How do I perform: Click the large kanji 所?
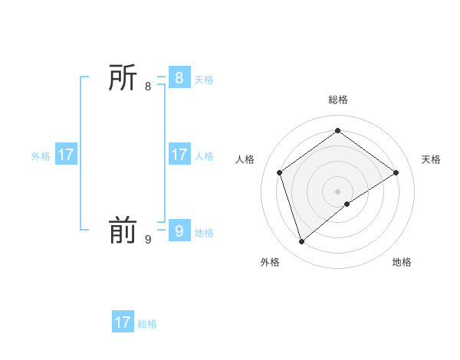pyautogui.click(x=123, y=77)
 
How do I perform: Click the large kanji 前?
pyautogui.click(x=123, y=231)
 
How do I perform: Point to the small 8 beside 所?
pyautogui.click(x=148, y=87)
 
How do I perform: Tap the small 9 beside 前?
pyautogui.click(x=148, y=240)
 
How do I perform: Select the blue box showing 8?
pyautogui.click(x=179, y=77)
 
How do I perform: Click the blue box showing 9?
pyautogui.click(x=179, y=231)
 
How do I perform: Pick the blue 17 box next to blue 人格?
pyautogui.click(x=179, y=155)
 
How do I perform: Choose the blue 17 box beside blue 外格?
pyautogui.click(x=66, y=155)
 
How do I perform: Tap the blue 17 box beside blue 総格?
pyautogui.click(x=123, y=322)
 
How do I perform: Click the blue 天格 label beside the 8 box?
pyautogui.click(x=204, y=80)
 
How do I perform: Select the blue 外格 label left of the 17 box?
pyautogui.click(x=41, y=156)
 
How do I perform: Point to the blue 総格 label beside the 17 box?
pyautogui.click(x=147, y=324)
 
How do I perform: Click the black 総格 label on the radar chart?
pyautogui.click(x=337, y=100)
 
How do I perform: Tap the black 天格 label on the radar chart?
pyautogui.click(x=431, y=159)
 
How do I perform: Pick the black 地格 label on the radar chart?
pyautogui.click(x=402, y=262)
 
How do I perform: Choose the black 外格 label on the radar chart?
pyautogui.click(x=270, y=262)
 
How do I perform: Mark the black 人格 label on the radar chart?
pyautogui.click(x=245, y=159)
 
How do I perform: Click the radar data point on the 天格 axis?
pyautogui.click(x=396, y=172)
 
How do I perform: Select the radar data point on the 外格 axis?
pyautogui.click(x=302, y=242)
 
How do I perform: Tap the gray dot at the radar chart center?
pyautogui.click(x=337, y=191)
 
